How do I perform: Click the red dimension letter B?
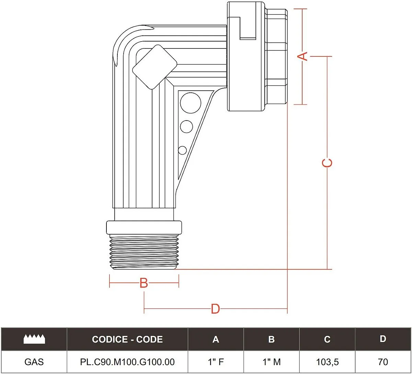tap(144, 283)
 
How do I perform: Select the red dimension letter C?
tap(328, 162)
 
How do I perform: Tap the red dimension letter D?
tap(215, 309)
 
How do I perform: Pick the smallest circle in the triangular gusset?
tap(182, 150)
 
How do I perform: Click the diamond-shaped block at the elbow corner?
tap(154, 67)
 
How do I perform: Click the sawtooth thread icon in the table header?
tap(34, 339)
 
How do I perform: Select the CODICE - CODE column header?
tap(127, 339)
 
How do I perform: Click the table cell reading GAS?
tap(34, 362)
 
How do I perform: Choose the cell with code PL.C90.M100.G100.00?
tap(127, 362)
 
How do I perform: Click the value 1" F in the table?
tap(216, 362)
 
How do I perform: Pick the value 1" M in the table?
tap(271, 362)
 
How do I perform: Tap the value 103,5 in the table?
tap(327, 362)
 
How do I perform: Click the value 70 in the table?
tap(383, 362)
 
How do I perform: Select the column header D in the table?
tap(383, 339)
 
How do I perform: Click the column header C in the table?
tap(327, 339)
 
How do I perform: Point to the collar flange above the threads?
tap(144, 227)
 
